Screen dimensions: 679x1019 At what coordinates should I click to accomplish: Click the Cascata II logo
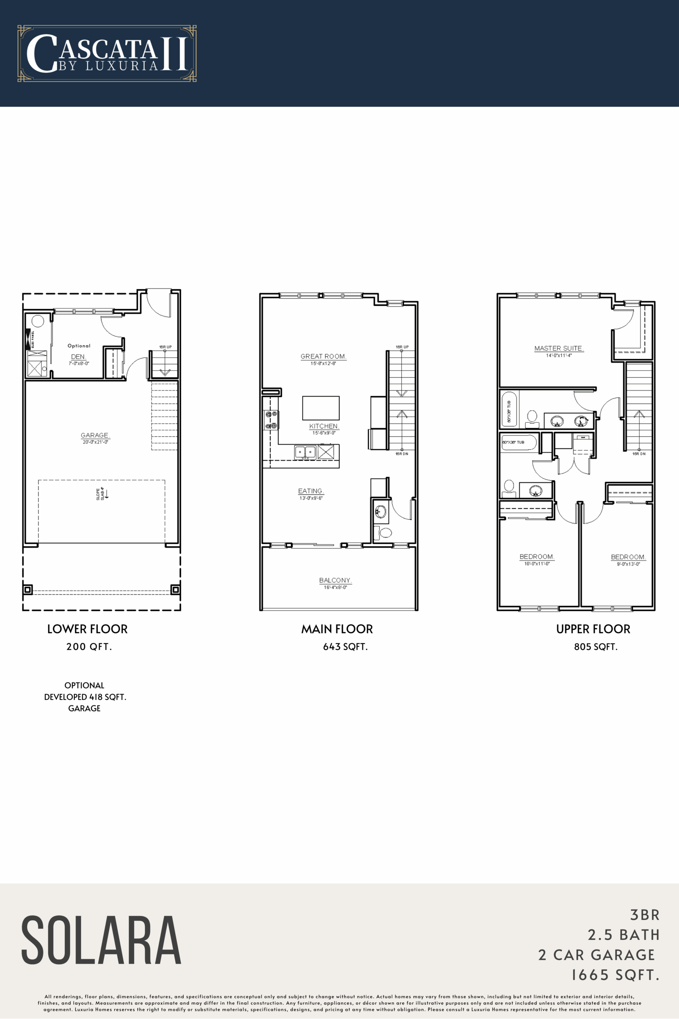coord(107,53)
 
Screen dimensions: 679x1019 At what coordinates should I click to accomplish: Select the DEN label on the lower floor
coord(78,357)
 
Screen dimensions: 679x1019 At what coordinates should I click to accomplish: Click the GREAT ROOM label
coord(323,356)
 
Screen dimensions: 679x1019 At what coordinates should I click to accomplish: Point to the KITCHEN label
coord(324,426)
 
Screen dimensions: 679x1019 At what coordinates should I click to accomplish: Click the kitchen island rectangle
coord(321,408)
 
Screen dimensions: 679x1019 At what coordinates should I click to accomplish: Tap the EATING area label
coord(311,491)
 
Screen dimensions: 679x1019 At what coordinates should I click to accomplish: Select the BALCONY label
coord(335,580)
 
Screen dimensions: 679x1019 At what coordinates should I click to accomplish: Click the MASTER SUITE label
coord(558,348)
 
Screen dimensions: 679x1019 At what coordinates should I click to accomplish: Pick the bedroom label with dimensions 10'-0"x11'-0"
coord(537,557)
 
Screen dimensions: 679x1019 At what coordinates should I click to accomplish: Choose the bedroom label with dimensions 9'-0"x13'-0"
coord(628,557)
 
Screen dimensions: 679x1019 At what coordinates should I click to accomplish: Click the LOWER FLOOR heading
coord(88,629)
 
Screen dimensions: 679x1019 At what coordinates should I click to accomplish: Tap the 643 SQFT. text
coord(345,647)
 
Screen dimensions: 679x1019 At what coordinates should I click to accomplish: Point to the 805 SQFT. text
coord(596,647)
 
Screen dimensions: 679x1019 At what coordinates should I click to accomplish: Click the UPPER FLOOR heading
coord(593,629)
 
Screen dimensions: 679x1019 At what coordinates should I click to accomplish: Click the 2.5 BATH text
coord(624,935)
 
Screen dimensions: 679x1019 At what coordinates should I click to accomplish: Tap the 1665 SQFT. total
coord(615,975)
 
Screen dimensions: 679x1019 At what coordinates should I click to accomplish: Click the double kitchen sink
coord(305,452)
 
